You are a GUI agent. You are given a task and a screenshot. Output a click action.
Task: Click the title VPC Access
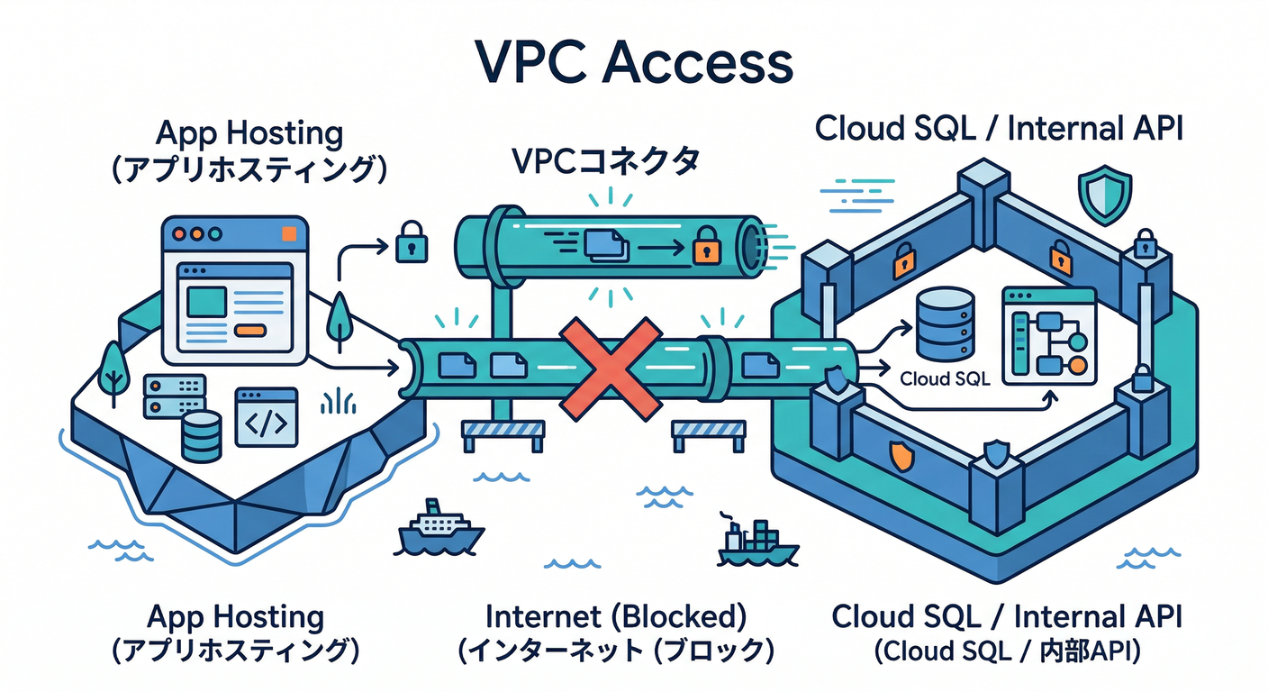[x=634, y=63]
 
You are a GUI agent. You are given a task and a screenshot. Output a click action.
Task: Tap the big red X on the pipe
[x=610, y=369]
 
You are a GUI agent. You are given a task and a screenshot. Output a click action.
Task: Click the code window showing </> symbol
[x=266, y=417]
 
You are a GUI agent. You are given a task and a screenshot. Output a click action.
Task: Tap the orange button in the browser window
[x=249, y=330]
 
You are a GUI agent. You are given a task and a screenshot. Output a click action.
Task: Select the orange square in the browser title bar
[x=288, y=234]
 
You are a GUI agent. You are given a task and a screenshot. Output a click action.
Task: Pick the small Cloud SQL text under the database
[x=945, y=379]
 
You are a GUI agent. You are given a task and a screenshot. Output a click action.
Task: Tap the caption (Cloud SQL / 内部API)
[x=1007, y=650]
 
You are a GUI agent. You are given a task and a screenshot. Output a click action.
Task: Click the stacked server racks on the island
[x=174, y=396]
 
